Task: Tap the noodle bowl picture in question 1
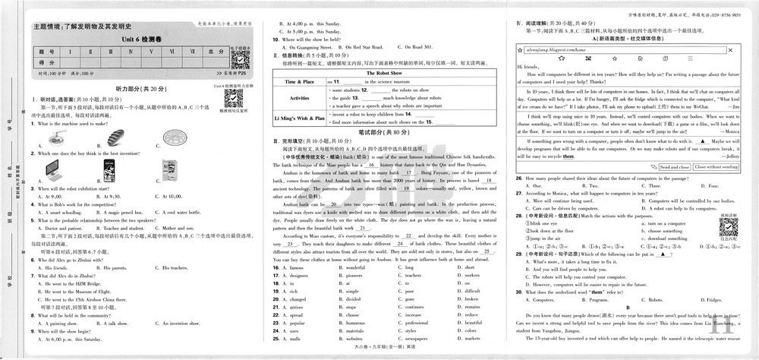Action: click(x=55, y=138)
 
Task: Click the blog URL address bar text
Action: click(x=556, y=49)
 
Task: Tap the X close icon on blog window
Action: click(x=732, y=49)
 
